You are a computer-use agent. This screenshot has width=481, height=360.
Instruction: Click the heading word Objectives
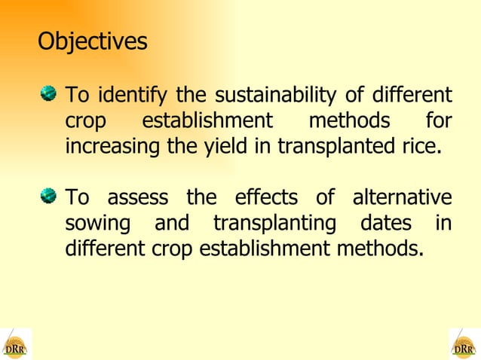93,41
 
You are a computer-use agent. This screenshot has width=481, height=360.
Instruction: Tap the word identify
133,96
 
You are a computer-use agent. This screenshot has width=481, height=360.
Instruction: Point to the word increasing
112,146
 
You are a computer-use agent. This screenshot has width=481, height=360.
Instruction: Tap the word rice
419,146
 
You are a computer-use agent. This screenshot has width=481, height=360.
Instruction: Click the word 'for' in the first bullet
439,121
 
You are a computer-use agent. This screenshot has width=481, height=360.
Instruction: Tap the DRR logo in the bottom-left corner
15,344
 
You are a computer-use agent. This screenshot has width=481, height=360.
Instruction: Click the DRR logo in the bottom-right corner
464,344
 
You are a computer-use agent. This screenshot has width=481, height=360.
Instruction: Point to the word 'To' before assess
78,198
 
